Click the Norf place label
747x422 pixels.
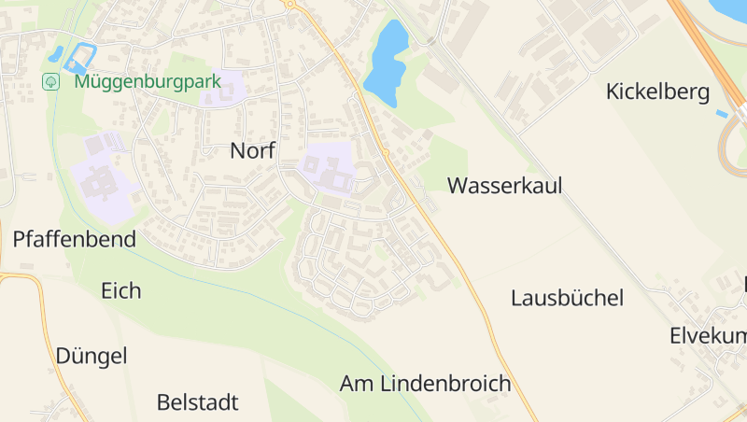252,150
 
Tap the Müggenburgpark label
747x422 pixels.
148,81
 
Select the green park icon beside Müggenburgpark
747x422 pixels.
50,81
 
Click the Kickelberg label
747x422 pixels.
657,91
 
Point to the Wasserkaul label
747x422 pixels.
504,185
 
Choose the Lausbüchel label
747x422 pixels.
567,298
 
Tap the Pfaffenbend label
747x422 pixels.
74,239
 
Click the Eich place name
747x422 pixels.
121,290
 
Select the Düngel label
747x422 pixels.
91,356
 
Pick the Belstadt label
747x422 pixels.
197,402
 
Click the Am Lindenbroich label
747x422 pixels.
425,383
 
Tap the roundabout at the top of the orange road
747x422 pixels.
290,4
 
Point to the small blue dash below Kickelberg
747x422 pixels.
722,114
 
